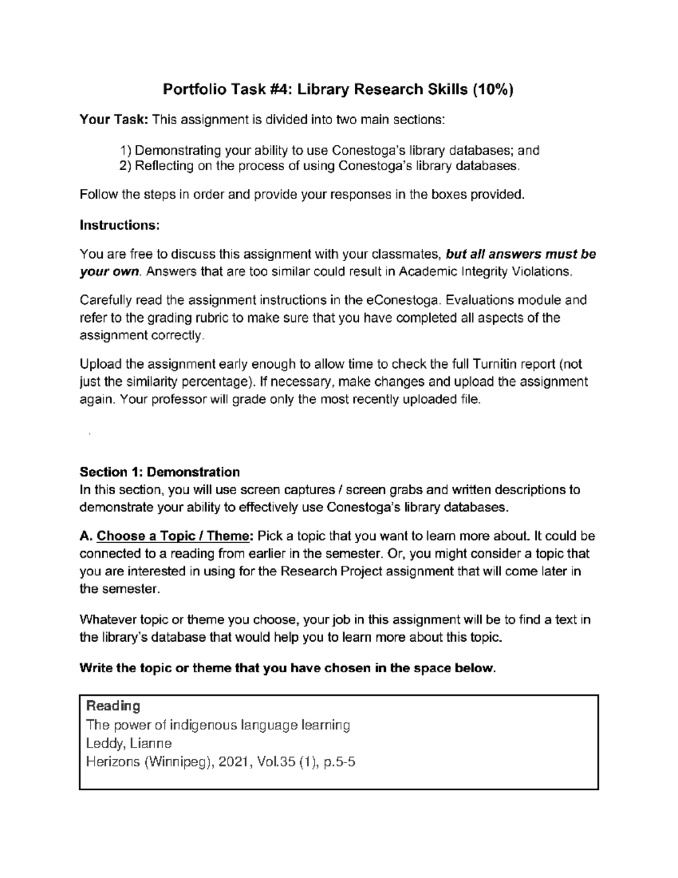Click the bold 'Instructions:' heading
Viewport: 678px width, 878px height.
(x=120, y=225)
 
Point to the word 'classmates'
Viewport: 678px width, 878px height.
(x=410, y=254)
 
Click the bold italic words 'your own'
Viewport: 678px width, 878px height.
(x=109, y=271)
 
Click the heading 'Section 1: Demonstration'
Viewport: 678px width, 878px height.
(x=160, y=472)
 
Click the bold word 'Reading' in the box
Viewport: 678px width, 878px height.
(x=113, y=706)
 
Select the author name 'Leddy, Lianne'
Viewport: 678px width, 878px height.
(x=129, y=743)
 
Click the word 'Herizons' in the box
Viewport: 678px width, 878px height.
(x=112, y=762)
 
